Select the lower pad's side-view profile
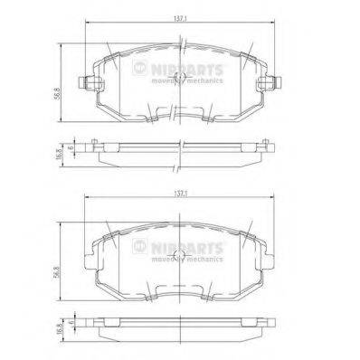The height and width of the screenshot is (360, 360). click(x=180, y=323)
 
